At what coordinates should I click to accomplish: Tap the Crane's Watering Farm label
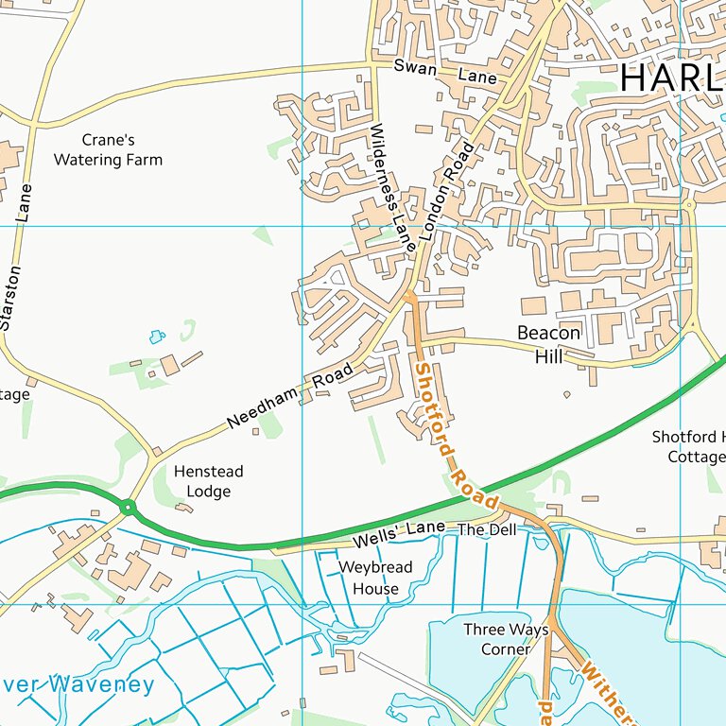(108, 149)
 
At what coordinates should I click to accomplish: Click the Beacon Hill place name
(548, 344)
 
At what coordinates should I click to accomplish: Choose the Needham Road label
(290, 395)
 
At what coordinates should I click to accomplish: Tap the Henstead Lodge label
(208, 481)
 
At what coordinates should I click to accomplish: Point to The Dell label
(488, 530)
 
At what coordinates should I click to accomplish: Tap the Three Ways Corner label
(496, 639)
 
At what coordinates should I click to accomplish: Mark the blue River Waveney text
(76, 684)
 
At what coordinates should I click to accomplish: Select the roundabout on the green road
(129, 509)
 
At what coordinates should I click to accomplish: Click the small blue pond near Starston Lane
(156, 336)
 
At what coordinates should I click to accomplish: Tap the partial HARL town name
(672, 78)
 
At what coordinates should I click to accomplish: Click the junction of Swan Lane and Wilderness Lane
(372, 65)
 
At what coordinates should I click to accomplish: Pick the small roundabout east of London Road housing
(689, 204)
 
